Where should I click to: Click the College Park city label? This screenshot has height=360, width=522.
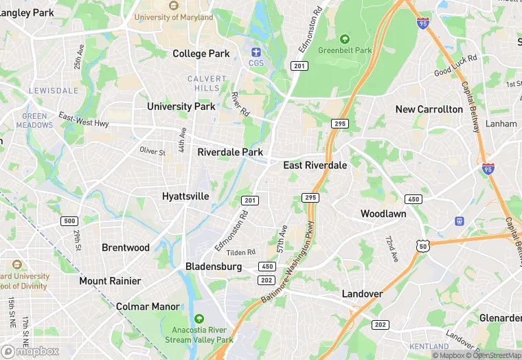tap(201, 54)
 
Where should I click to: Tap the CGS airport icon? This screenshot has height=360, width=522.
tap(256, 52)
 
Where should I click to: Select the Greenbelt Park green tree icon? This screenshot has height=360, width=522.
tap(344, 39)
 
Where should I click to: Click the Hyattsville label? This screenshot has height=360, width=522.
tap(185, 196)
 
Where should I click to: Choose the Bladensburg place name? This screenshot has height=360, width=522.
tap(214, 267)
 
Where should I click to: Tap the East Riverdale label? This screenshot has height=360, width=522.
tap(315, 166)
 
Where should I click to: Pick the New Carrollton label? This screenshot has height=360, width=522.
tap(429, 109)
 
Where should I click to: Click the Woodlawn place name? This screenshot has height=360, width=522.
tap(383, 214)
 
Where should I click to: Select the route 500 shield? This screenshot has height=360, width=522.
tap(69, 221)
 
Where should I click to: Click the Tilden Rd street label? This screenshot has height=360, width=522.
tap(240, 253)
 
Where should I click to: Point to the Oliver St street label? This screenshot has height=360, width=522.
tap(152, 151)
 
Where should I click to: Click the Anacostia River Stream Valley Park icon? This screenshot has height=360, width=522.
tap(199, 319)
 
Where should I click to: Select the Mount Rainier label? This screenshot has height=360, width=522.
tap(110, 281)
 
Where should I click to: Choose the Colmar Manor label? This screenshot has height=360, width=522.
tap(148, 306)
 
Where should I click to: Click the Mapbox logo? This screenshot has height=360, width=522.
tap(31, 351)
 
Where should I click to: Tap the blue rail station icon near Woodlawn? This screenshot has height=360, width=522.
tap(459, 221)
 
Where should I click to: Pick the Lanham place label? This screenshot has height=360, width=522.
tap(501, 124)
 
